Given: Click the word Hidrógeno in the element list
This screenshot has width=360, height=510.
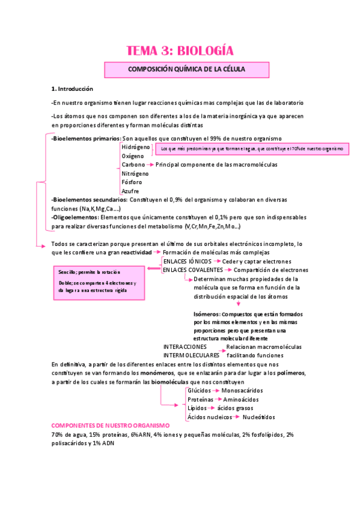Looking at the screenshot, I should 135,147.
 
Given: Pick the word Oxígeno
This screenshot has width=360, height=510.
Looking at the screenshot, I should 133,156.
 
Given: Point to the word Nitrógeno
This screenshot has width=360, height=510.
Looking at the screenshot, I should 135,173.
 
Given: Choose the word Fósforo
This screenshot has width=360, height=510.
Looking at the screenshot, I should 132,182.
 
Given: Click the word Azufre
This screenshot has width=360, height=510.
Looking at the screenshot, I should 130,191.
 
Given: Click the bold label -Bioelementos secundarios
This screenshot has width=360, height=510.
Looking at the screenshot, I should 90,199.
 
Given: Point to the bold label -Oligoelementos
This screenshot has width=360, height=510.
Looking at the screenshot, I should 75,217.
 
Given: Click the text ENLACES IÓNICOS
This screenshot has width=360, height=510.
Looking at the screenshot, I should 188,262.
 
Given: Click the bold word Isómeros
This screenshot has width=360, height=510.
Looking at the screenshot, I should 206,314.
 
